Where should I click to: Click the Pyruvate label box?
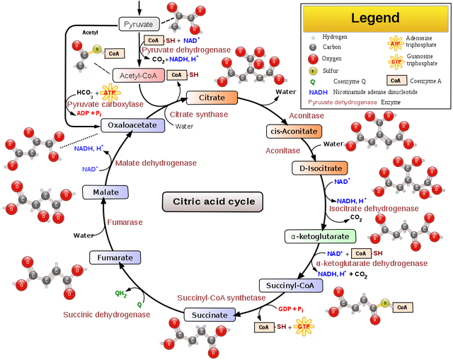(139, 25)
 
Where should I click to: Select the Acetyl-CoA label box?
(138, 75)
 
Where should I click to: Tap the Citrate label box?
(212, 98)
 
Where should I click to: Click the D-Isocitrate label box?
(319, 168)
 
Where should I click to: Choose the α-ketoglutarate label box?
(320, 236)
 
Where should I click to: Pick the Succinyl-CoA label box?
(290, 286)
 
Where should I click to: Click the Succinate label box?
(210, 315)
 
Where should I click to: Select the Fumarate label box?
(115, 258)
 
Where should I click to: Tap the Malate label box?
(105, 192)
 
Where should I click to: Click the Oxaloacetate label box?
(133, 125)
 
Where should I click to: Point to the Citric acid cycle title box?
(213, 202)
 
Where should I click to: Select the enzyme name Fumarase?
(125, 222)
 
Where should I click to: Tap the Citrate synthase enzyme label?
(198, 114)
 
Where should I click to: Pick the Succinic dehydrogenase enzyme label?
(106, 315)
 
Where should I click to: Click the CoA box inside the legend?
(396, 81)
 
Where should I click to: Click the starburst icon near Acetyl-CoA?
(109, 92)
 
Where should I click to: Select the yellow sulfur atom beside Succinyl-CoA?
(384, 304)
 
